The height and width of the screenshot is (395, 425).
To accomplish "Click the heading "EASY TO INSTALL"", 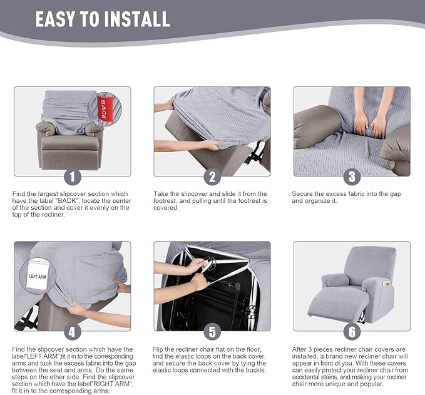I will pos(103,19).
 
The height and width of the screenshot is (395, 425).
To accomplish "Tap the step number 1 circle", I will pos(73,177).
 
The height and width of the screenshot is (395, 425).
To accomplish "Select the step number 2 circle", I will pos(212,177).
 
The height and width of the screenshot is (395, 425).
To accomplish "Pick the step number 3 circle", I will pos(352,177).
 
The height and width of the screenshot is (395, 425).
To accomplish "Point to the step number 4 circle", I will pos(73,332).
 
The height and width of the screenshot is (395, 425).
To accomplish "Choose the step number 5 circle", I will pos(212,332).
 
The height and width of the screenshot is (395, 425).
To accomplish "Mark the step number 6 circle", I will pos(352,332).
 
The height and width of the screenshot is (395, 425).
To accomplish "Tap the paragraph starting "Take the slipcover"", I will pos(210,200).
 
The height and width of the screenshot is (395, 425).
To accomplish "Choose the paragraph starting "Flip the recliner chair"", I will pos(210,359).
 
